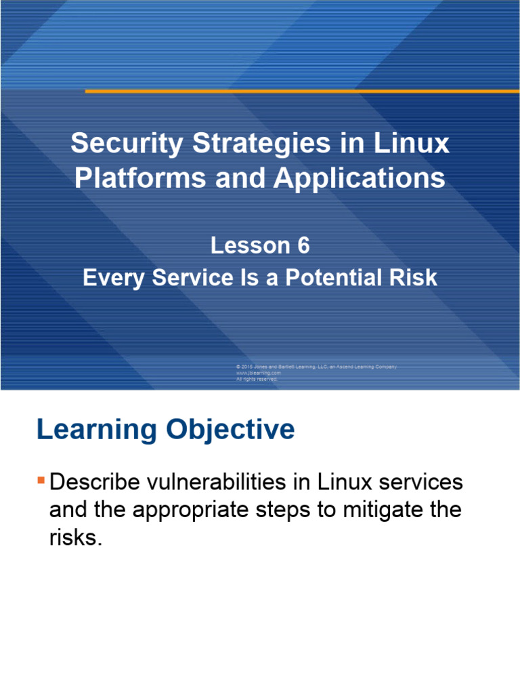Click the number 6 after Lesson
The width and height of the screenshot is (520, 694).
point(302,246)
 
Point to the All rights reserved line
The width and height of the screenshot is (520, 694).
point(257,379)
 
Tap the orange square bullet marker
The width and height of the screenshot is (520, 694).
point(41,481)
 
